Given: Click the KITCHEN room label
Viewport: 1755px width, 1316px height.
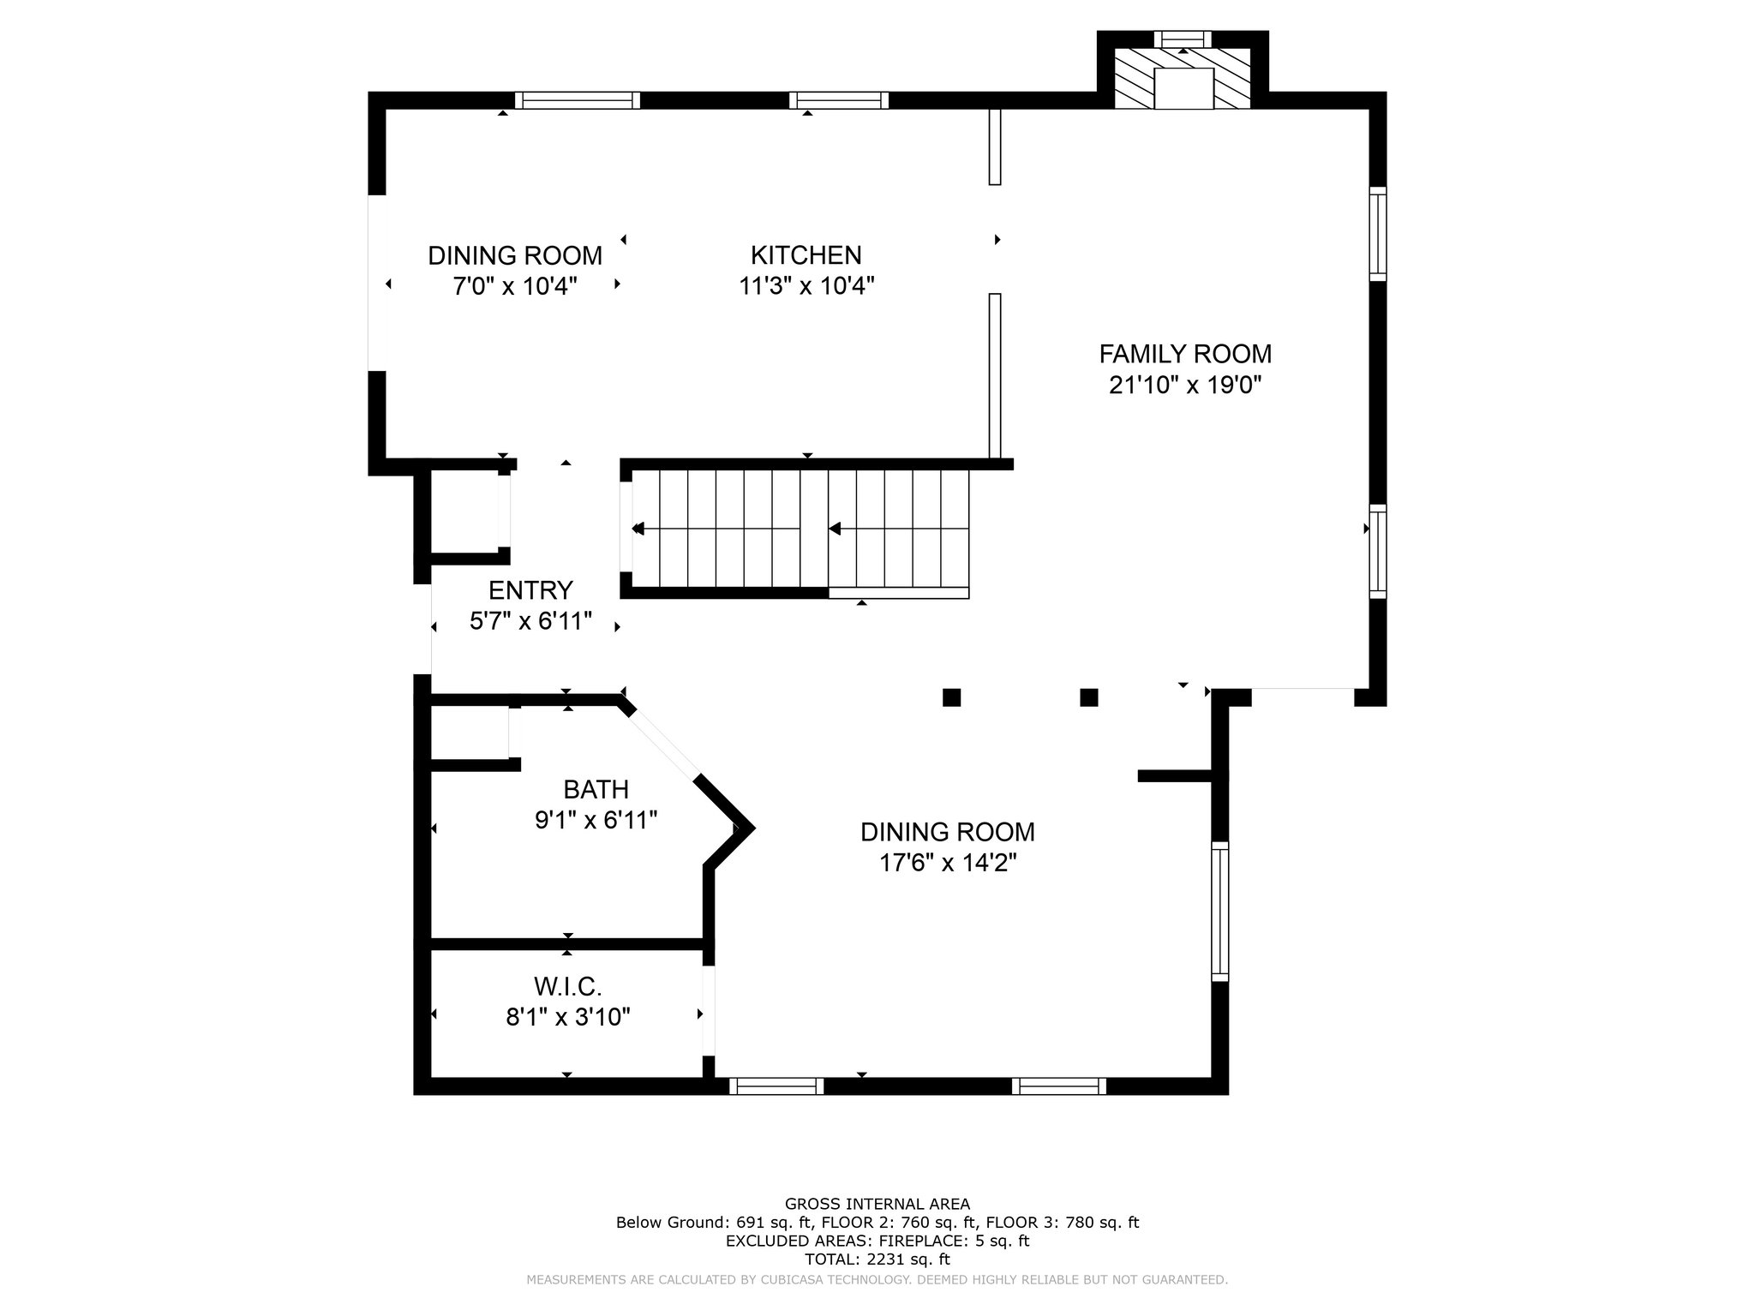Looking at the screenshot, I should [806, 255].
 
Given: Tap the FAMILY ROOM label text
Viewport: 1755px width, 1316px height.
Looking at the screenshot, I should [1185, 354].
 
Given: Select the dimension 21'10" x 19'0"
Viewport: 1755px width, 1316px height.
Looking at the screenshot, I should [1185, 386].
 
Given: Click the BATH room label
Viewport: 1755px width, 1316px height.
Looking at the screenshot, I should [596, 789].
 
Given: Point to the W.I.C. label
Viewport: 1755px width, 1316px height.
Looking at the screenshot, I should [567, 987].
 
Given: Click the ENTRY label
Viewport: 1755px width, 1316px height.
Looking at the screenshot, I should [530, 590].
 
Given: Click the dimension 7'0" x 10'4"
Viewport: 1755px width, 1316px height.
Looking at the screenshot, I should [515, 286].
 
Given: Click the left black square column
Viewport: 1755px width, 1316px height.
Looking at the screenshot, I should [951, 697].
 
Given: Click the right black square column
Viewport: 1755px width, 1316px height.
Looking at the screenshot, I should [1088, 697].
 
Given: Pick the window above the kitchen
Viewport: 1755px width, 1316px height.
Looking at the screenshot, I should [838, 100].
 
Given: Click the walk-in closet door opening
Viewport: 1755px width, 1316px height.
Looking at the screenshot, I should [709, 1011].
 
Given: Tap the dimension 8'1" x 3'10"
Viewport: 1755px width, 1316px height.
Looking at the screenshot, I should [567, 1018].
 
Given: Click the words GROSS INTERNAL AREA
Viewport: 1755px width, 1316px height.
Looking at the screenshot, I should [877, 1204].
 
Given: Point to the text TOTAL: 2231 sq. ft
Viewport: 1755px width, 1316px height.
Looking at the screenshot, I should [877, 1259].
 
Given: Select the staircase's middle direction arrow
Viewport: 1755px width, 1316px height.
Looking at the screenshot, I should [835, 529].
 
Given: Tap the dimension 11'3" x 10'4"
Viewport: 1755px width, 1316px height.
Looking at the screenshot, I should [806, 286].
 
